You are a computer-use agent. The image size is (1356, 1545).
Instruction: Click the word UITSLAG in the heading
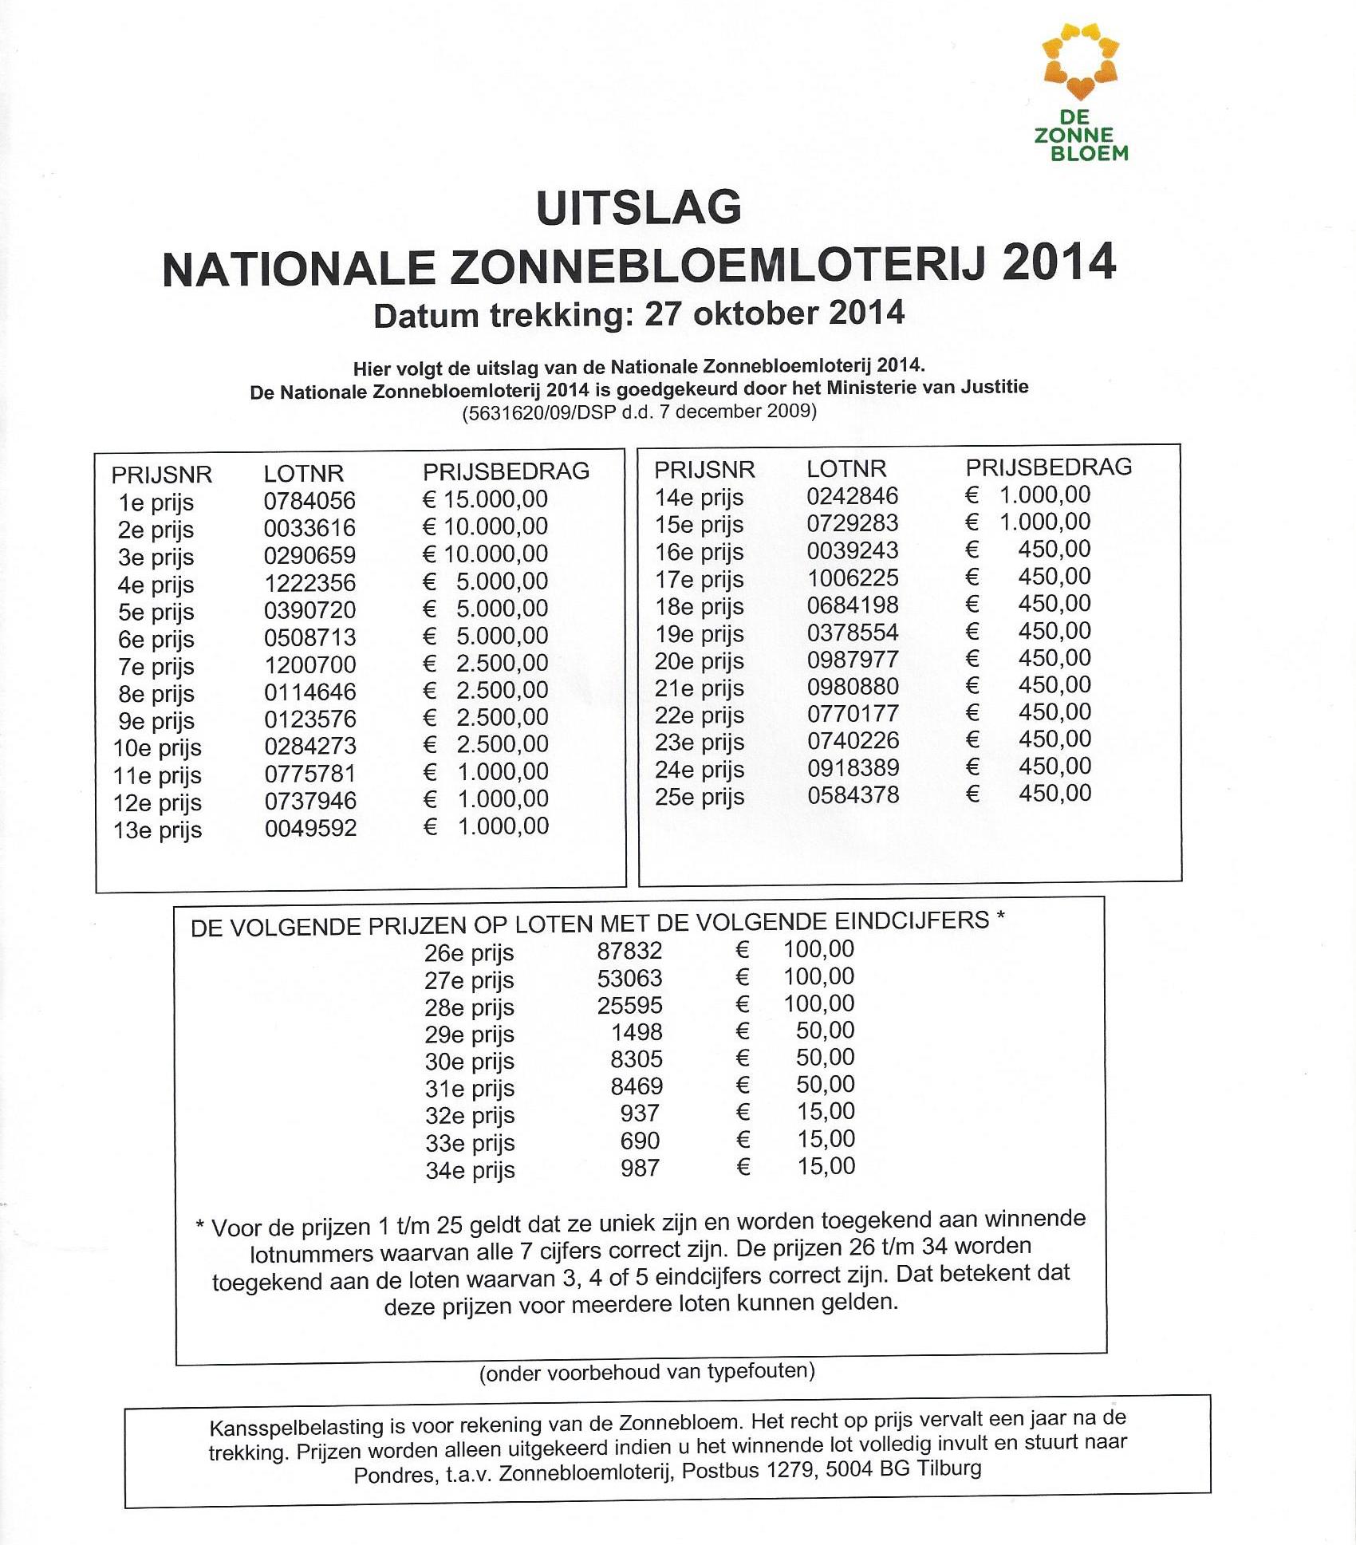pos(639,208)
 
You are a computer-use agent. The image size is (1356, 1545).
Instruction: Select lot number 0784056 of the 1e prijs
pos(309,501)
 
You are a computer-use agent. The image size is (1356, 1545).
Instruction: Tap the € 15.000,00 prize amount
pos(485,499)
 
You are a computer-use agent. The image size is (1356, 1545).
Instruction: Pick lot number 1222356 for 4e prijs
pos(309,583)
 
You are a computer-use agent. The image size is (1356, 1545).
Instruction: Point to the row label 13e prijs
pos(157,830)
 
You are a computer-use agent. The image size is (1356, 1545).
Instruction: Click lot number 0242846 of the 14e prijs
pos(852,496)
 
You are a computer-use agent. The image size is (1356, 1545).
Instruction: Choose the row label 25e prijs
pos(700,797)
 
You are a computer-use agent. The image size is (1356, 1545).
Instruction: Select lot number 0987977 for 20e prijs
pos(853,660)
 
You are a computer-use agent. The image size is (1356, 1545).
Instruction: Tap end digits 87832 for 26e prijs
pos(629,951)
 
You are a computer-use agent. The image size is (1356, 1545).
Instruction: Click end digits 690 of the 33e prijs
pos(640,1141)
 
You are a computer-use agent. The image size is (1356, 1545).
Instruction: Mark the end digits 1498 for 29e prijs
pos(637,1032)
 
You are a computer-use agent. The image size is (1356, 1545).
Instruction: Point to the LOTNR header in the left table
pos(304,474)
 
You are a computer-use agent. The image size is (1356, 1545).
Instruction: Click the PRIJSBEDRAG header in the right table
pos(1049,467)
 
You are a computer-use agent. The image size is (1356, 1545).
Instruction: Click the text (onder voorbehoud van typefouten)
pos(647,1372)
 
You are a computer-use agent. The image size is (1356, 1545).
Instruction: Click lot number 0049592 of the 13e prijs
pos(310,828)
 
